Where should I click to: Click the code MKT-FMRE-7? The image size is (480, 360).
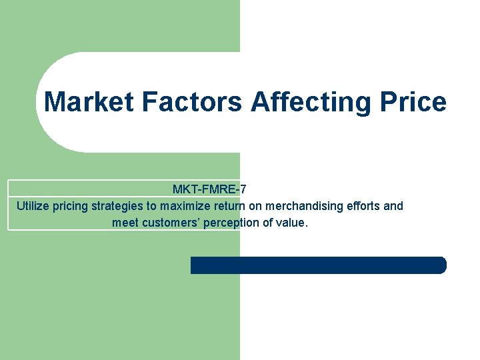209,189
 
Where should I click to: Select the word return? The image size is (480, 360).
229,206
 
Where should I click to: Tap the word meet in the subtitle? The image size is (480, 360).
125,223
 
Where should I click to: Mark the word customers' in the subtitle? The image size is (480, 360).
170,223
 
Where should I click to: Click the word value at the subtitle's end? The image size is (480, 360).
293,223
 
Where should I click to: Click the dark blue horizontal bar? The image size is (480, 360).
318,265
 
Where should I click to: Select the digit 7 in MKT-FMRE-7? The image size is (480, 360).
243,189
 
